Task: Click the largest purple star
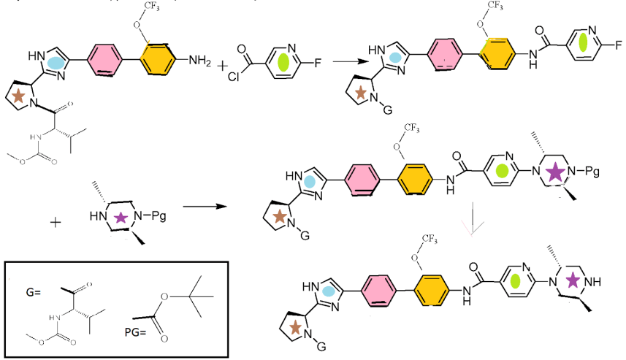coord(555,173)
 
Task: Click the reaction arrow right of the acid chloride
coord(350,62)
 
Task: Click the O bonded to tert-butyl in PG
coord(165,296)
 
